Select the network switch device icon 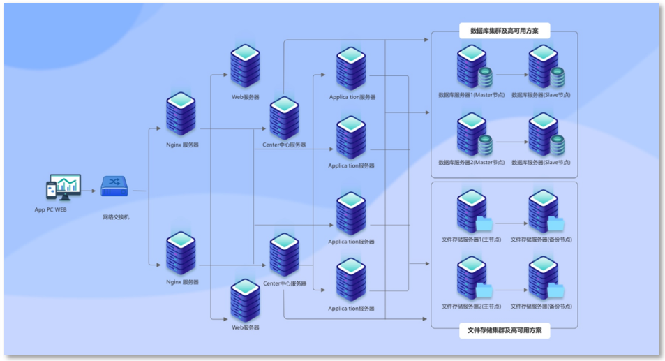[116, 186]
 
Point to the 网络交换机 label [116, 217]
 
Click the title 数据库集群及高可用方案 [505, 31]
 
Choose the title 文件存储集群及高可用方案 [505, 330]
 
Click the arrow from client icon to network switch [88, 190]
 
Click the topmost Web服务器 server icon [245, 66]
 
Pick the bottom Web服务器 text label [245, 327]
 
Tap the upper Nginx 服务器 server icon [181, 115]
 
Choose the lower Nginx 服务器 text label [182, 282]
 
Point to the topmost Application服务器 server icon [351, 69]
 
